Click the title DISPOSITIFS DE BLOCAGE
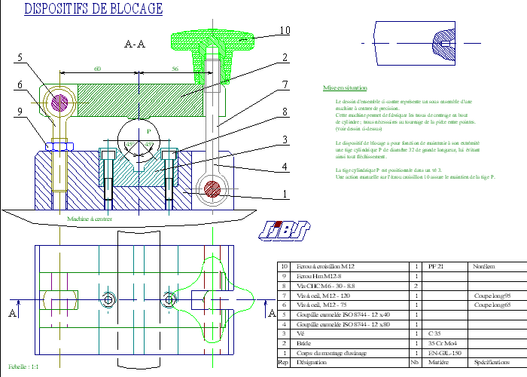point(93,9)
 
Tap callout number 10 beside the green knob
point(284,31)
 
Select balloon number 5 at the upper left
point(20,57)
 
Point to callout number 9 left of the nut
point(20,113)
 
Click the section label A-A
point(134,44)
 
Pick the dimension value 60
point(97,69)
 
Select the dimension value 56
point(175,69)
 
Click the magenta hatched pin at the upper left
point(59,100)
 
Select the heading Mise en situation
point(339,87)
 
